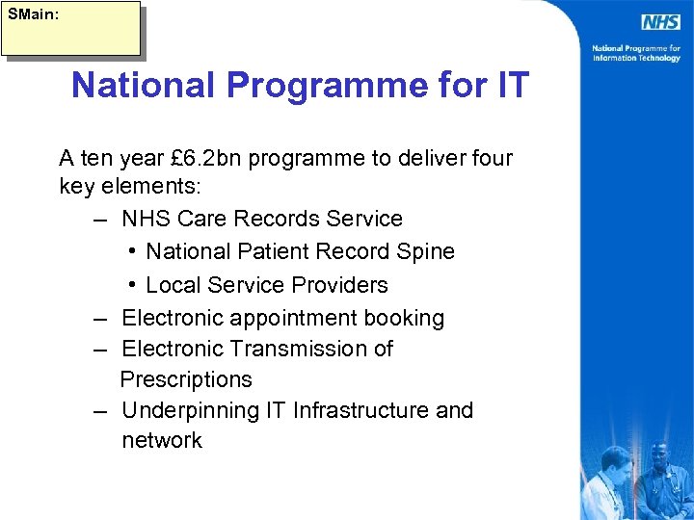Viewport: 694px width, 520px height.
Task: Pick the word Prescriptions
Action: (x=186, y=379)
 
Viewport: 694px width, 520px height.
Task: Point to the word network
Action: (x=162, y=441)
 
